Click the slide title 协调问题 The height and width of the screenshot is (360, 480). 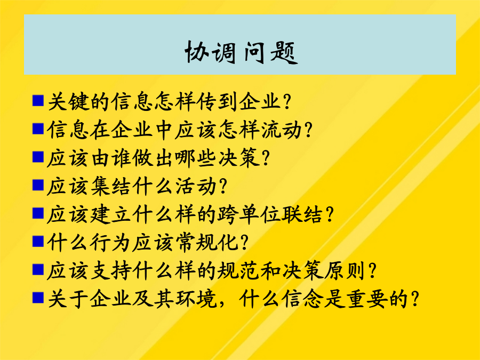coord(241,52)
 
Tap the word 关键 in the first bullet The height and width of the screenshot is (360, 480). coord(69,101)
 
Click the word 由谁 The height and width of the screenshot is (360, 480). coord(111,158)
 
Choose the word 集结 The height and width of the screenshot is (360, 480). coord(111,186)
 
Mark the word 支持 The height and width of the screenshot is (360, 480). coord(111,270)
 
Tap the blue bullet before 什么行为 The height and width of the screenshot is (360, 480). coord(38,241)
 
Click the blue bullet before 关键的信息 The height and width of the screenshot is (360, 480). coord(38,100)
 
